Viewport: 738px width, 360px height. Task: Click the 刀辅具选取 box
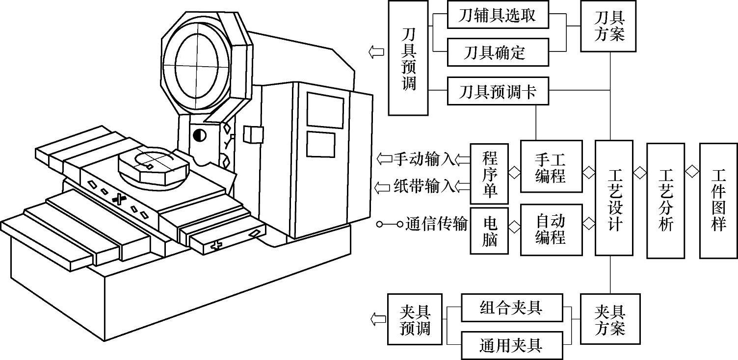[x=498, y=15]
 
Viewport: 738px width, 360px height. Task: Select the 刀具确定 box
[x=498, y=52]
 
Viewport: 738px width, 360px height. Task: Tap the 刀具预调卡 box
[x=498, y=91]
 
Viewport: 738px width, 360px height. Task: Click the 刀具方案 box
[x=608, y=26]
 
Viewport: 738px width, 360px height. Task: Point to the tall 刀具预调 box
[x=408, y=58]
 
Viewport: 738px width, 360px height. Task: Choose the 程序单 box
[x=489, y=174]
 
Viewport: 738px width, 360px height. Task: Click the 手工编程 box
[x=552, y=167]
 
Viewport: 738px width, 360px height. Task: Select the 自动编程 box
[x=552, y=230]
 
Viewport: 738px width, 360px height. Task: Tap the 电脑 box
[x=489, y=231]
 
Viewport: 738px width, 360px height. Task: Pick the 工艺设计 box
[x=614, y=198]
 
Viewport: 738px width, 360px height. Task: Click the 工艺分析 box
[x=666, y=201]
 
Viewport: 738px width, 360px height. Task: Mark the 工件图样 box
[x=718, y=201]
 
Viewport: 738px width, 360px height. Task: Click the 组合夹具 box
[x=512, y=308]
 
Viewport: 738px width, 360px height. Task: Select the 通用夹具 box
[x=512, y=345]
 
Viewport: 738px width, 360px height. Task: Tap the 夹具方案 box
[x=610, y=319]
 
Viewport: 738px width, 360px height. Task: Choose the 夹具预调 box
[x=415, y=319]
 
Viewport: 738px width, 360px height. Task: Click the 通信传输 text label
[x=437, y=224]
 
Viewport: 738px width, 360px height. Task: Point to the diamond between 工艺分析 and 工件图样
[x=692, y=172]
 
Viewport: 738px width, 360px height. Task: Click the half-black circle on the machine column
[x=199, y=135]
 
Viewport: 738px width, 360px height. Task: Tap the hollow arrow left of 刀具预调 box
[x=376, y=51]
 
